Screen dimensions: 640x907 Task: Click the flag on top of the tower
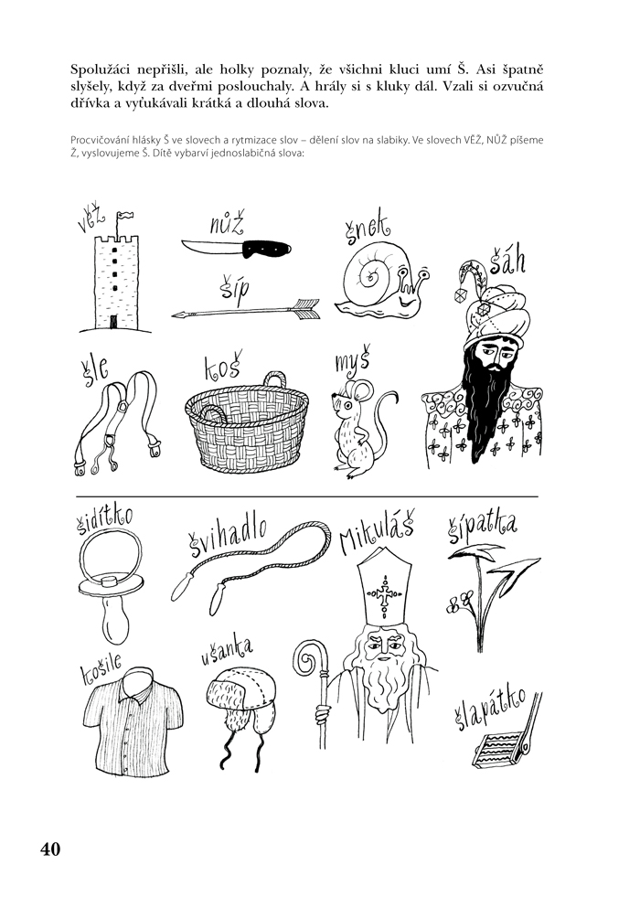click(x=125, y=217)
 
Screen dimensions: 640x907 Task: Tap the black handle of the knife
click(x=266, y=249)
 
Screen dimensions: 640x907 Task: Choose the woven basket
click(x=247, y=422)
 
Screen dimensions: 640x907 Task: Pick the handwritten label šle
click(x=93, y=368)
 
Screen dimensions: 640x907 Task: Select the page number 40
click(x=50, y=849)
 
